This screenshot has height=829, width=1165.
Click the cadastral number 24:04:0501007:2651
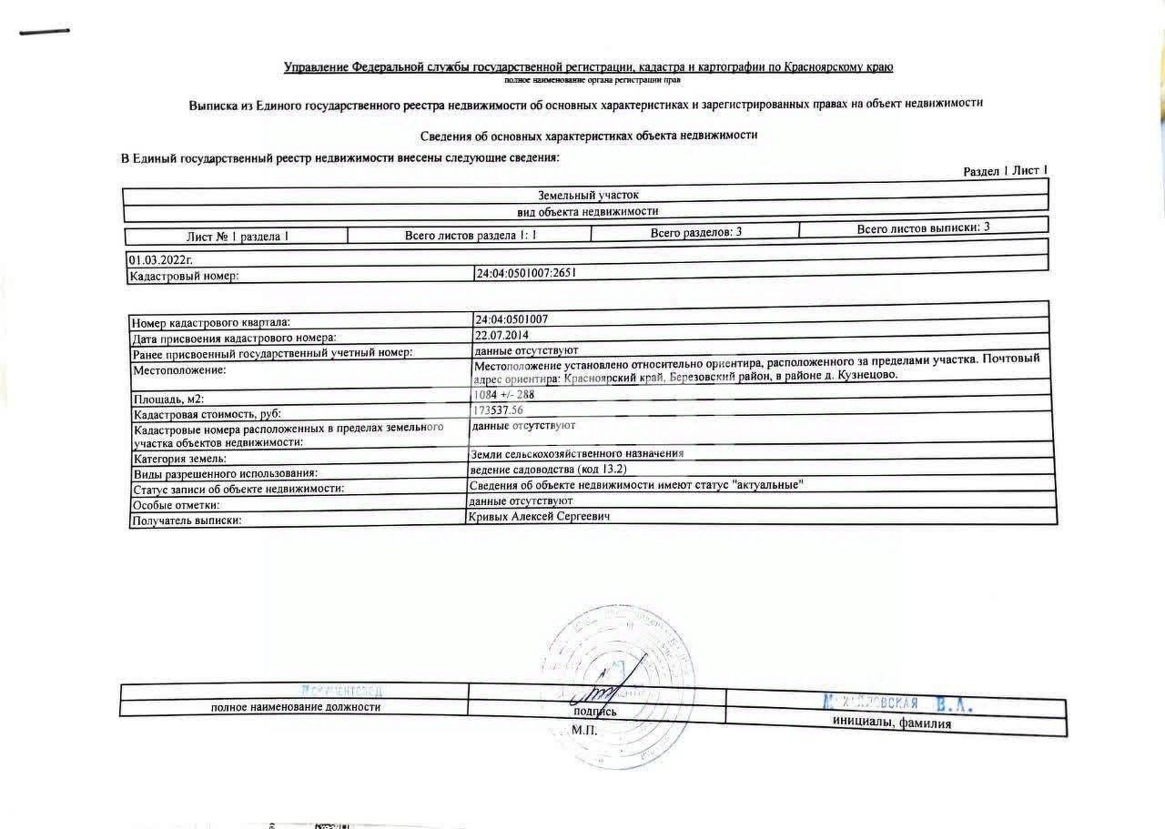(527, 272)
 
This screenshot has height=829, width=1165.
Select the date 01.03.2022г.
(160, 260)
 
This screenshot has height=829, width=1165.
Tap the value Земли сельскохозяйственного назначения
(576, 453)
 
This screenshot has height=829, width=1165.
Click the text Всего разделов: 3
(696, 232)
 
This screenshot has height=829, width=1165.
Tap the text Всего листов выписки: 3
(923, 227)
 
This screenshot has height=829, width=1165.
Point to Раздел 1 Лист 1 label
(1005, 171)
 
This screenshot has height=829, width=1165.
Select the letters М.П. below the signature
(583, 731)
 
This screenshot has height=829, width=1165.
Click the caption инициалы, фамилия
(891, 723)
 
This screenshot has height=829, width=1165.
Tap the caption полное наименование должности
(296, 707)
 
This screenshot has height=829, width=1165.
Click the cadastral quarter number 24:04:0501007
(512, 319)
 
